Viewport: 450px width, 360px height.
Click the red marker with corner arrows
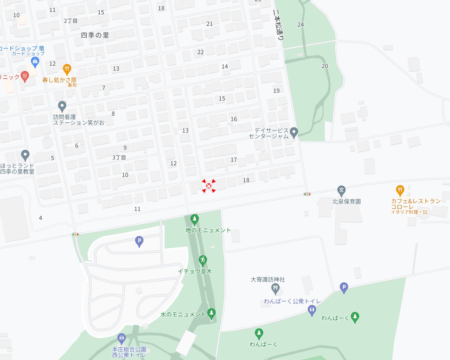[209, 186]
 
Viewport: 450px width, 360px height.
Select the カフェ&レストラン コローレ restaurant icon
[400, 190]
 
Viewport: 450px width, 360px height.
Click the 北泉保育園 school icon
[341, 190]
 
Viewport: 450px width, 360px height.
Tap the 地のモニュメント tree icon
[194, 219]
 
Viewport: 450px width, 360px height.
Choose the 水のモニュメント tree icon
[211, 314]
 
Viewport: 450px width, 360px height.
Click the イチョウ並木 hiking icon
[202, 260]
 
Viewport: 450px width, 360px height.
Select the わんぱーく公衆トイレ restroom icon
[312, 310]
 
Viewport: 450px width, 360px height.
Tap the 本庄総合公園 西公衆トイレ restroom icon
[121, 339]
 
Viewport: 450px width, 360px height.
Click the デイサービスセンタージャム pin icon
[294, 132]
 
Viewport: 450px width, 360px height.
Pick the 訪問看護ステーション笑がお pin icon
[62, 106]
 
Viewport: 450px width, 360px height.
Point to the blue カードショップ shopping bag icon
[35, 62]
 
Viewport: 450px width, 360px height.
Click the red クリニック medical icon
[25, 76]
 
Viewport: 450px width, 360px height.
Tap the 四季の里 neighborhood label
[95, 35]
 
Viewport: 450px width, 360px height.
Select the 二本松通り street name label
[278, 25]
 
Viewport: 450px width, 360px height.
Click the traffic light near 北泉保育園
[307, 194]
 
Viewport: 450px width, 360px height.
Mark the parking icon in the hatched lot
[139, 241]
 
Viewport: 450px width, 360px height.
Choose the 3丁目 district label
[119, 158]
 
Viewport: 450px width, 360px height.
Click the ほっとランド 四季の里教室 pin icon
[25, 155]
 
